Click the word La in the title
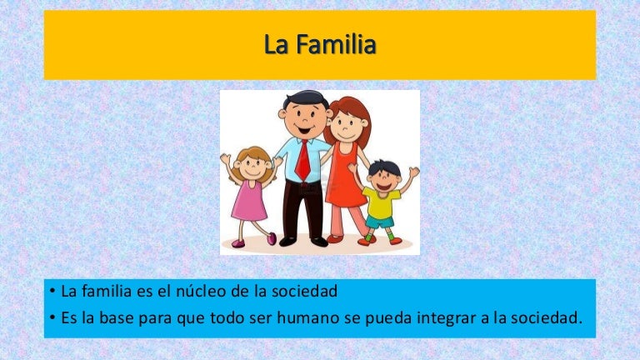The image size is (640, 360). tap(275, 44)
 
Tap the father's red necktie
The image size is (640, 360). tap(302, 160)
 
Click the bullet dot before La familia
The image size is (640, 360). tap(52, 292)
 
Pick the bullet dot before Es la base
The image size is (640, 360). tap(52, 317)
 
